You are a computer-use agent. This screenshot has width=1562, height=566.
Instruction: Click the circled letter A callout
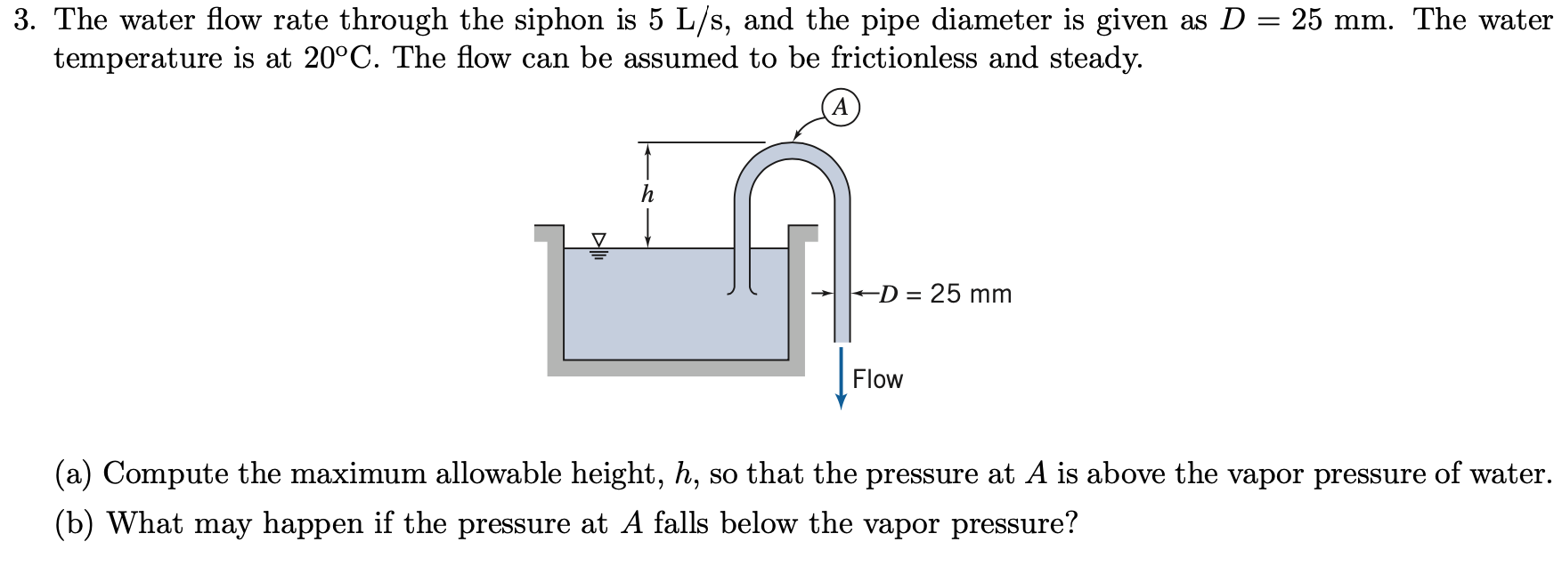[841, 108]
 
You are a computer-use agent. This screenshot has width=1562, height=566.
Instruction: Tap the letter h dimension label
[647, 194]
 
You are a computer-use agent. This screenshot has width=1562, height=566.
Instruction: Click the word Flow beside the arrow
[877, 379]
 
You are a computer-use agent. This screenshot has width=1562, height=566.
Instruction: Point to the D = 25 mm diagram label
[945, 294]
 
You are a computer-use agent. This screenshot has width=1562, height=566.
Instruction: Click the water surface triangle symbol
[599, 240]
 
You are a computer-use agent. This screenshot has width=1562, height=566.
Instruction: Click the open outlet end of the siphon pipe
[842, 338]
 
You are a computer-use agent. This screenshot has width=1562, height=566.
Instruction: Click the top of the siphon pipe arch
[793, 151]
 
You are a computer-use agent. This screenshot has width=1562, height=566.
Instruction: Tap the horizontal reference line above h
[701, 141]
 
